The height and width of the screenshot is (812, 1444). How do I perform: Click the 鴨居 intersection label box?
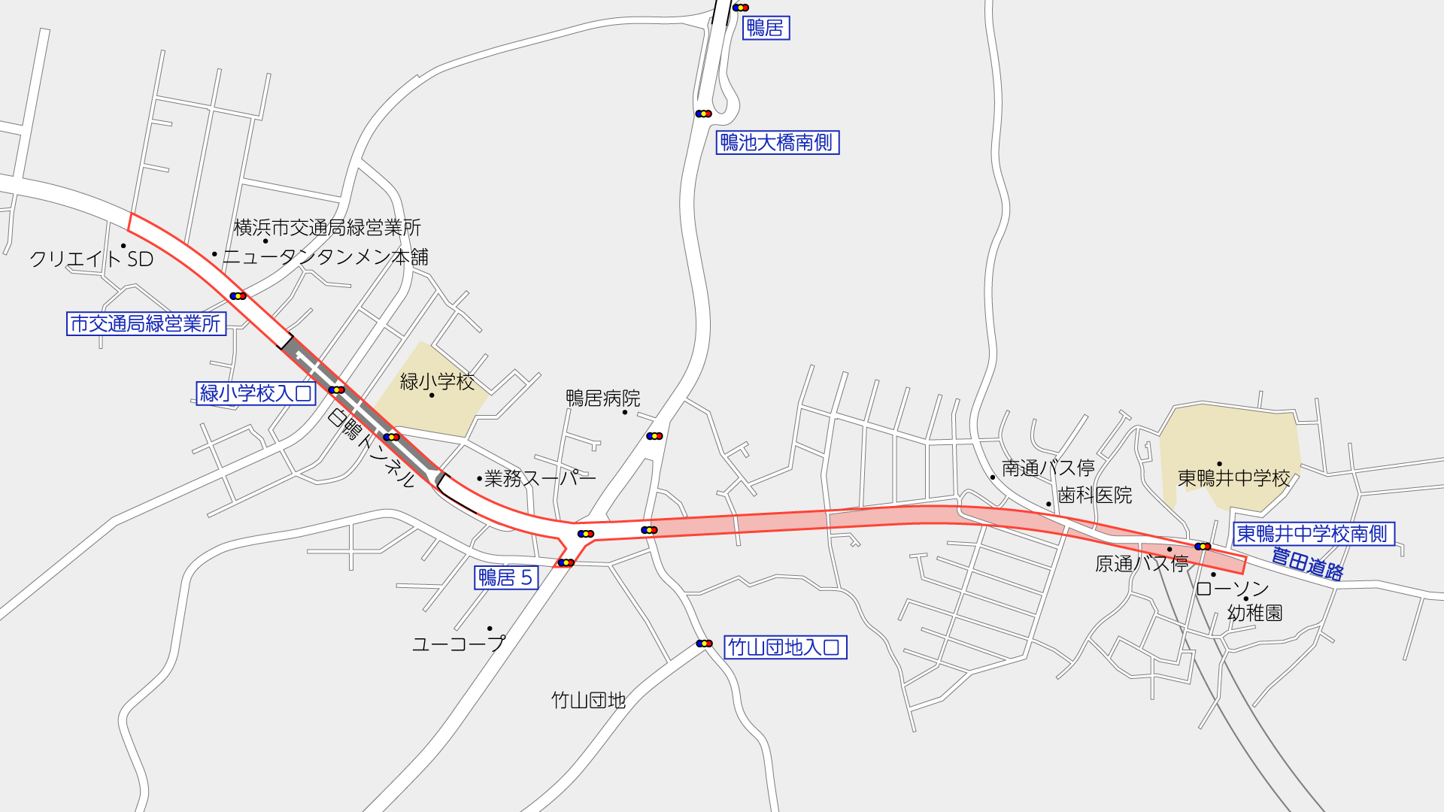click(x=766, y=29)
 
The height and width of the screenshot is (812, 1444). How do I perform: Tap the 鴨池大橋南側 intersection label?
click(x=777, y=143)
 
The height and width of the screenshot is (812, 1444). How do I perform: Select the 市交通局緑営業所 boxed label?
click(x=146, y=324)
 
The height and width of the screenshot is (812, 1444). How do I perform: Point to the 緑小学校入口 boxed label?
click(x=256, y=393)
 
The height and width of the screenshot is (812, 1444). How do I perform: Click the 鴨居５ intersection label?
click(x=506, y=577)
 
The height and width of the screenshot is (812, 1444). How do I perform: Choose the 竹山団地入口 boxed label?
click(x=785, y=647)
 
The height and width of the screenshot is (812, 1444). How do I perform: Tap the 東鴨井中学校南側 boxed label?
click(x=1313, y=534)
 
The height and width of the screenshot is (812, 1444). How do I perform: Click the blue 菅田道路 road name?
click(x=1307, y=564)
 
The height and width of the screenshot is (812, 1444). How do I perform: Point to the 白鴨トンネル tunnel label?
click(x=372, y=447)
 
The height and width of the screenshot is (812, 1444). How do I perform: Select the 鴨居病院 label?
click(x=603, y=398)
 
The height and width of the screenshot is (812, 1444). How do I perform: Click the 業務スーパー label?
click(x=540, y=478)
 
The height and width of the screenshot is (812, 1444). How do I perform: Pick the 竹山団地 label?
click(x=589, y=701)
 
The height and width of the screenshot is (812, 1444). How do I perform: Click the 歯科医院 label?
click(x=1094, y=495)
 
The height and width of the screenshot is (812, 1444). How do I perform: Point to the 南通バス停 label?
click(x=1048, y=468)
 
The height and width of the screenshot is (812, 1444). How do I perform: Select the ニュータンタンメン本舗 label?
click(x=325, y=257)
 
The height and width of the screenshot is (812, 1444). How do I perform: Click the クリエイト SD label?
click(x=92, y=259)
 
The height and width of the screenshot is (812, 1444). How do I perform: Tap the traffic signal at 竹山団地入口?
click(x=704, y=644)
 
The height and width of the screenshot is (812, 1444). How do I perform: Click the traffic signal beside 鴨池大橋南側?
click(x=703, y=114)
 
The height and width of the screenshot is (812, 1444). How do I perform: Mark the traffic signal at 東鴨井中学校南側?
click(x=1203, y=547)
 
